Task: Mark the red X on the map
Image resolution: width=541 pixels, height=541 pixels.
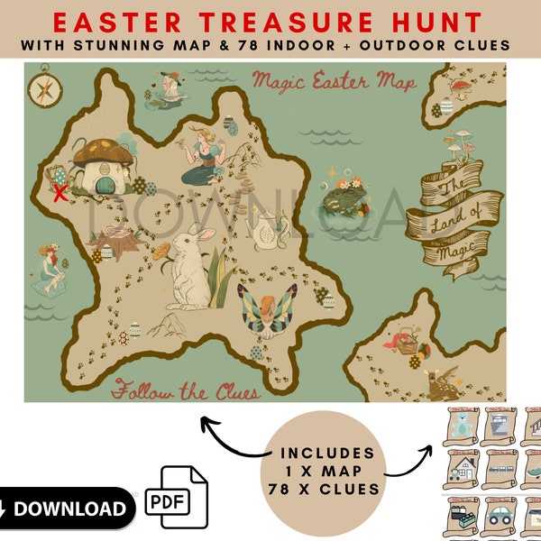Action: coord(61,192)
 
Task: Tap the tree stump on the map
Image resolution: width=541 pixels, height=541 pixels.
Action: coord(119,239)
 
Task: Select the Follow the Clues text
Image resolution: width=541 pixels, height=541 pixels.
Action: coord(186,391)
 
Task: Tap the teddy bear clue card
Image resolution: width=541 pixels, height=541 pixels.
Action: coord(463,424)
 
